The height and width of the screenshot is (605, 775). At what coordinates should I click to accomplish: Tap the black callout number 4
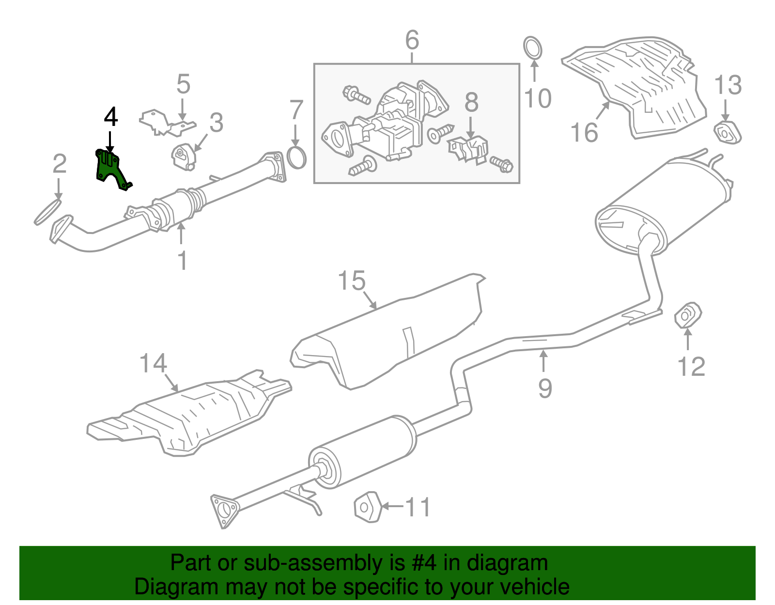111,117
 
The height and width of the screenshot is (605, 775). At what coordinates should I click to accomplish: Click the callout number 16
584,132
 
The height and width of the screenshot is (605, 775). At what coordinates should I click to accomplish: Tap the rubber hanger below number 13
727,133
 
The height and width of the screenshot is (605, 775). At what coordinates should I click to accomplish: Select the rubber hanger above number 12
688,315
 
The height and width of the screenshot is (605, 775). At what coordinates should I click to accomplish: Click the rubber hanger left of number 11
367,507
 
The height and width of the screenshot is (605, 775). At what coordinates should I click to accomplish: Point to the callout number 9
545,388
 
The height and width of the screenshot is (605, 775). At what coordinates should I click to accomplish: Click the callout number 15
352,281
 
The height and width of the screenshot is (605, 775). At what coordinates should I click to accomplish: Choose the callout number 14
153,363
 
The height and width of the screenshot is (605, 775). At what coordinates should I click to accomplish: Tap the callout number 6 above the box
412,40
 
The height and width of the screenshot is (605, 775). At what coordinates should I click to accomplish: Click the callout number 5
183,84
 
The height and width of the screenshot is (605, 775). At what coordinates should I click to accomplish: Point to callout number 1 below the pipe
182,261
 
